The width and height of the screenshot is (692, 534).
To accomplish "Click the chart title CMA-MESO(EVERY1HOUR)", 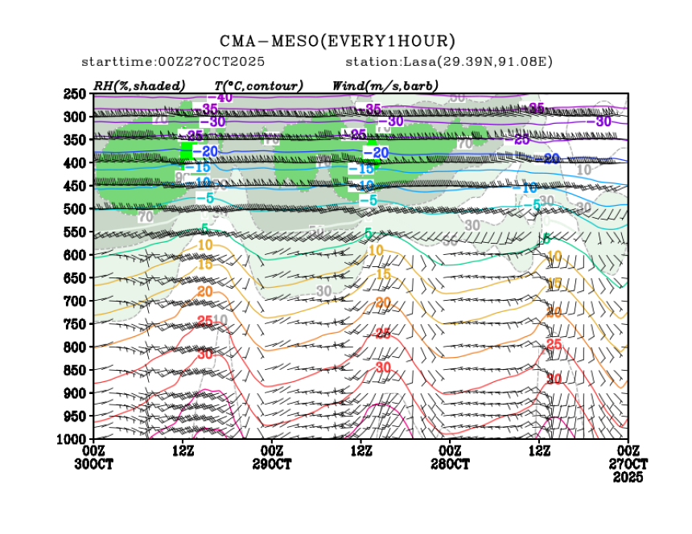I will click(338, 41).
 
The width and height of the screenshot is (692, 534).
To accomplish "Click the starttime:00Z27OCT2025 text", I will click(174, 62).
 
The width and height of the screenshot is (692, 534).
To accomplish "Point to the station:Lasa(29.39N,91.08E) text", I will click(449, 62).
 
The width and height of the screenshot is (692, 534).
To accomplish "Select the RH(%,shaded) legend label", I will click(139, 85).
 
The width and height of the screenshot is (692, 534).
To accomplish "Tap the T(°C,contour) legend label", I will click(258, 85).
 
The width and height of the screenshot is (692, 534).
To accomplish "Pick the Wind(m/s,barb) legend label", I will click(385, 85).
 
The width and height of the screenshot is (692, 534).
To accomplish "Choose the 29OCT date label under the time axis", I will click(272, 465).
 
